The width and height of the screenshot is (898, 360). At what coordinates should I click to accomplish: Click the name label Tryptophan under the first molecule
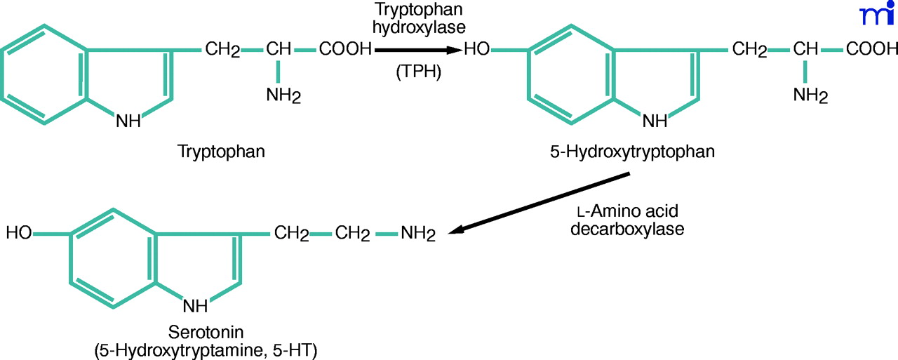[x=222, y=152]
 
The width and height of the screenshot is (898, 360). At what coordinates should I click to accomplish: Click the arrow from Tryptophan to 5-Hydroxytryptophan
[x=418, y=50]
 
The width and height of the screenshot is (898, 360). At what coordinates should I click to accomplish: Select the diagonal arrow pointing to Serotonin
[x=540, y=204]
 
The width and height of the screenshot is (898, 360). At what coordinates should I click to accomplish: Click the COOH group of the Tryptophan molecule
[x=345, y=50]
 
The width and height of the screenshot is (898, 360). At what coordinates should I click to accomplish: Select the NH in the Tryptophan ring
[x=128, y=121]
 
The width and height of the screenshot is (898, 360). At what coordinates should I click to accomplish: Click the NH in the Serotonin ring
[x=196, y=305]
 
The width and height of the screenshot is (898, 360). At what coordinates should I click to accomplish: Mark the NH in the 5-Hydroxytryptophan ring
[x=655, y=121]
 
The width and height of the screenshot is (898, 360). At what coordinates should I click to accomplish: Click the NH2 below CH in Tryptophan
[x=283, y=95]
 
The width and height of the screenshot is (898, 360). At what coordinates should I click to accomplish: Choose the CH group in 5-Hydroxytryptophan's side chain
[x=807, y=50]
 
